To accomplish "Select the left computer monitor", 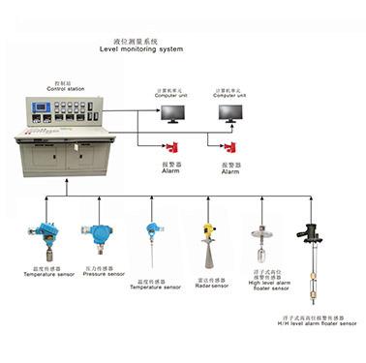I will click(174, 114).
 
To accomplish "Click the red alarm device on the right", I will click(230, 147).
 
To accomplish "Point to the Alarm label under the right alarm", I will click(230, 170).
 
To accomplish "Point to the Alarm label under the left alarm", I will click(170, 170).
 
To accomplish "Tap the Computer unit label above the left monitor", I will click(171, 96).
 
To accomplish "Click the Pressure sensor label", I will click(104, 274).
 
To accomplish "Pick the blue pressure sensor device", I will click(99, 235).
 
